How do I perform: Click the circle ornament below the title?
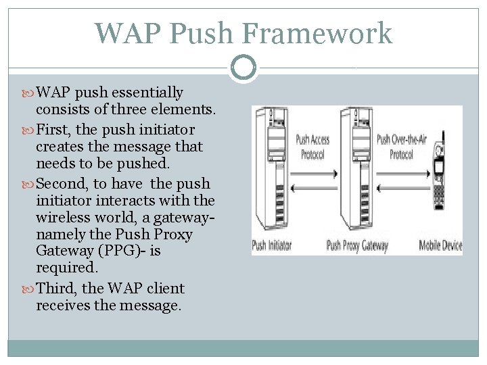tap(243, 68)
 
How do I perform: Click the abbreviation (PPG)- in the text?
tap(133, 251)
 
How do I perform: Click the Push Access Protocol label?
tap(312, 147)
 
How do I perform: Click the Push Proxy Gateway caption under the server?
tap(357, 245)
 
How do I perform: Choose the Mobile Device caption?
tap(440, 245)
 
